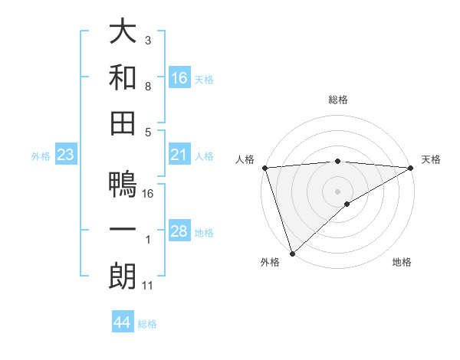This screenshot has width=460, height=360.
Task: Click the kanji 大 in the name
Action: click(x=123, y=33)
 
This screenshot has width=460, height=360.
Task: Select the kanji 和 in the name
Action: click(x=123, y=77)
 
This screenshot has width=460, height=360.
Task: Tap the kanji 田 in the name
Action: click(x=123, y=123)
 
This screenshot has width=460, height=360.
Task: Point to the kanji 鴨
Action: click(x=123, y=185)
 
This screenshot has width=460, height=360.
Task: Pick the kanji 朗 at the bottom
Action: click(x=123, y=277)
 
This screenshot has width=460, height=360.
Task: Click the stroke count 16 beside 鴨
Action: click(x=149, y=194)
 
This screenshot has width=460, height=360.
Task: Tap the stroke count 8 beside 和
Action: click(x=148, y=87)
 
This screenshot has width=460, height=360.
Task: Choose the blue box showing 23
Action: click(x=66, y=155)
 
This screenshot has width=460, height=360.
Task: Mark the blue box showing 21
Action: click(x=179, y=155)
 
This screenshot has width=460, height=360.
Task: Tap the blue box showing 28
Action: click(x=179, y=232)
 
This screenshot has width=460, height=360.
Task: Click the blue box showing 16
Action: click(x=179, y=78)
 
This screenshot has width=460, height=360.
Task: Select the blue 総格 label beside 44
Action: click(x=148, y=324)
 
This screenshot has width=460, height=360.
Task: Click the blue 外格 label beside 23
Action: click(x=41, y=156)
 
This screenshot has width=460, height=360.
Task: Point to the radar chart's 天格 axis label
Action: click(x=431, y=159)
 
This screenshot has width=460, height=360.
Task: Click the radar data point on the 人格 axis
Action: click(x=264, y=167)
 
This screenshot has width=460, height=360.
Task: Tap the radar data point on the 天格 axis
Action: click(x=410, y=167)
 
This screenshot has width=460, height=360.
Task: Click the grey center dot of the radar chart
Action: click(x=337, y=191)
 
